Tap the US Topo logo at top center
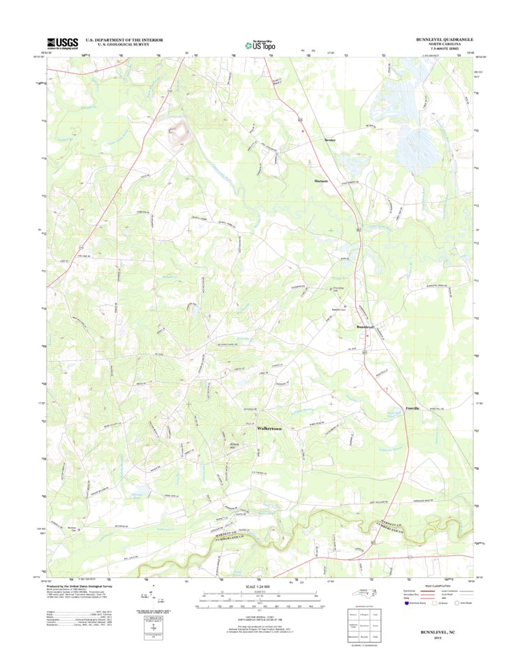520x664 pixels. coord(259,45)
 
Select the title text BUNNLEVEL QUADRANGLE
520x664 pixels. coord(444,39)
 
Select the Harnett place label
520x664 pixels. coord(320,180)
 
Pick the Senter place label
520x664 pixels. coord(330,140)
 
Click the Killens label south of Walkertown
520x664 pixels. coord(235,445)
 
